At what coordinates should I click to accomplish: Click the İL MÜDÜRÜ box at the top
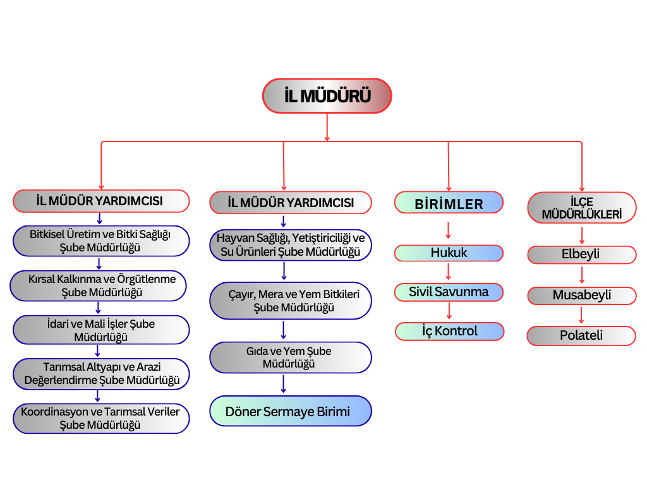tap(327, 96)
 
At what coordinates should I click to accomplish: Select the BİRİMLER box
tap(449, 203)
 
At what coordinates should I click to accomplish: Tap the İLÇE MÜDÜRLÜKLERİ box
tap(582, 208)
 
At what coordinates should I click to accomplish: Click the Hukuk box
tap(449, 253)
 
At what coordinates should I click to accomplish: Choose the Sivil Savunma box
tap(449, 292)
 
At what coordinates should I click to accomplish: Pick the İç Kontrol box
tap(449, 332)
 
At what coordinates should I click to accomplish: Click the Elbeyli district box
tap(581, 255)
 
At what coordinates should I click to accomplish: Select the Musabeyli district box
tap(581, 296)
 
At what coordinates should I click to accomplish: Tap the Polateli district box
tap(581, 336)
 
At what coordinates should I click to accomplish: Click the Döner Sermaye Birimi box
tap(290, 412)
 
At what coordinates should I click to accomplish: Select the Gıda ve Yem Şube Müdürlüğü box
tap(290, 357)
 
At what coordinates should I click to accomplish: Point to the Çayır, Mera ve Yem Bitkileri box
tap(290, 301)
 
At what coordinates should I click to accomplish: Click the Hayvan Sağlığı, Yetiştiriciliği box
tap(290, 245)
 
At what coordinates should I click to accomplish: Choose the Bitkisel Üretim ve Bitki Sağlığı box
tap(101, 241)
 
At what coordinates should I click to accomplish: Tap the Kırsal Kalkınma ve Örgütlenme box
tap(99, 285)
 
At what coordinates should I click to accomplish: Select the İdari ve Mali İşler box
tap(101, 330)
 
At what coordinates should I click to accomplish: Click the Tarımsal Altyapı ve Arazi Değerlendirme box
tap(101, 374)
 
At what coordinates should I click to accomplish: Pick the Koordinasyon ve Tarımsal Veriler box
tap(101, 418)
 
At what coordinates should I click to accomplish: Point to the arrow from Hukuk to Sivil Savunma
tap(449, 272)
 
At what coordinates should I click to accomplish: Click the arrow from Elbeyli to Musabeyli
tap(582, 275)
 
